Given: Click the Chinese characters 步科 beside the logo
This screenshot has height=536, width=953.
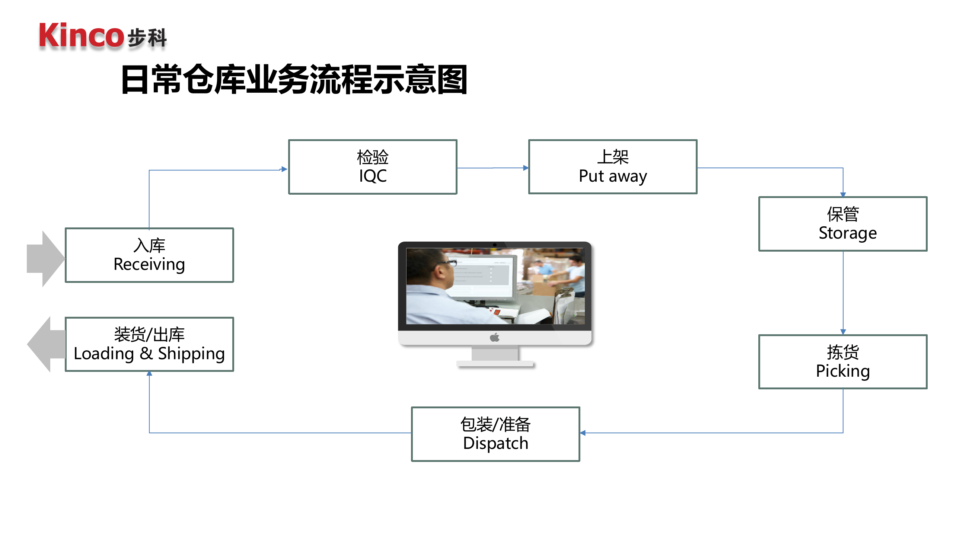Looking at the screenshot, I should (x=147, y=38).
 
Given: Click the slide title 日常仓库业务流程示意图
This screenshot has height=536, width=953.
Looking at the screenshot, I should (x=294, y=79).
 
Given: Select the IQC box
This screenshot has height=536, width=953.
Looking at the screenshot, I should (x=373, y=167).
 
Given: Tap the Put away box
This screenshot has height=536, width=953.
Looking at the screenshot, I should (x=613, y=167).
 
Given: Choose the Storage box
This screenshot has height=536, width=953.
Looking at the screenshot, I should (x=843, y=224).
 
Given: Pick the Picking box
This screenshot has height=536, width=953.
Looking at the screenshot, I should (x=843, y=362).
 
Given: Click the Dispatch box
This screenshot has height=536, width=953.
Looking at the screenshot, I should (x=495, y=434).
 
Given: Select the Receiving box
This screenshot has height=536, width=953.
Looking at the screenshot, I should (x=149, y=255).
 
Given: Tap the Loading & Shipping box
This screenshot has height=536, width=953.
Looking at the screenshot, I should (x=149, y=344).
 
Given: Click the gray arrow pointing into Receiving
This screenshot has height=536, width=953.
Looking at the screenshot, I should (x=45, y=259).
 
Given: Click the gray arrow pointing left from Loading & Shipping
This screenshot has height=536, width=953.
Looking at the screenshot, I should (x=45, y=344).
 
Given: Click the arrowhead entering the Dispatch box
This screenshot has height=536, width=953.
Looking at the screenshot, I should (x=583, y=433).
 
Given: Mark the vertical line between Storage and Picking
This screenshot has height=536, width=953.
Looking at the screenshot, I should (x=843, y=292).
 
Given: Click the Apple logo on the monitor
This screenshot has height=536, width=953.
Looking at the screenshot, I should (x=494, y=338).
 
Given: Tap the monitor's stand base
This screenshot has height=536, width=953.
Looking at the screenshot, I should (x=495, y=364).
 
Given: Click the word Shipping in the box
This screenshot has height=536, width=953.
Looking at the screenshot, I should (x=191, y=354).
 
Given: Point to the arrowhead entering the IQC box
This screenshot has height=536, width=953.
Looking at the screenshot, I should (x=284, y=169).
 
